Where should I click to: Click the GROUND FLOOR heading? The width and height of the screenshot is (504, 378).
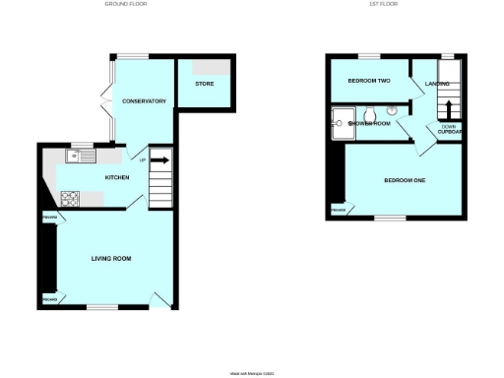point(125,5)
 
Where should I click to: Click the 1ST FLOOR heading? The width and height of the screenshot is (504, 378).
point(383,5)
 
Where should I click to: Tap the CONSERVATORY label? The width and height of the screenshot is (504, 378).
point(144,101)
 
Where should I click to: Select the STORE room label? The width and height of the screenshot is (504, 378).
point(205,84)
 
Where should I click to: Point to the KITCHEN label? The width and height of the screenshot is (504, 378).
point(118,177)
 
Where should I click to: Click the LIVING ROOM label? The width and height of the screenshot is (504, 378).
point(111,259)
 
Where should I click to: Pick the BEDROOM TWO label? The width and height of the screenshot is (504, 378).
point(370,80)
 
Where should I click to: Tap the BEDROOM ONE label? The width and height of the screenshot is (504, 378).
point(405,180)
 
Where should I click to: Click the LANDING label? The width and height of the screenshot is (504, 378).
point(436,84)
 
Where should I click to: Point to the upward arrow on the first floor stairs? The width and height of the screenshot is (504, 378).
point(448,108)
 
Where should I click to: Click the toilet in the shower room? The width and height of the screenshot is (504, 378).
point(391,111)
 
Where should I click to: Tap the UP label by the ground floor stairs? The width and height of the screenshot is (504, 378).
point(143,160)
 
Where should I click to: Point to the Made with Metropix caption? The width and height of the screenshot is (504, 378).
point(251,373)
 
